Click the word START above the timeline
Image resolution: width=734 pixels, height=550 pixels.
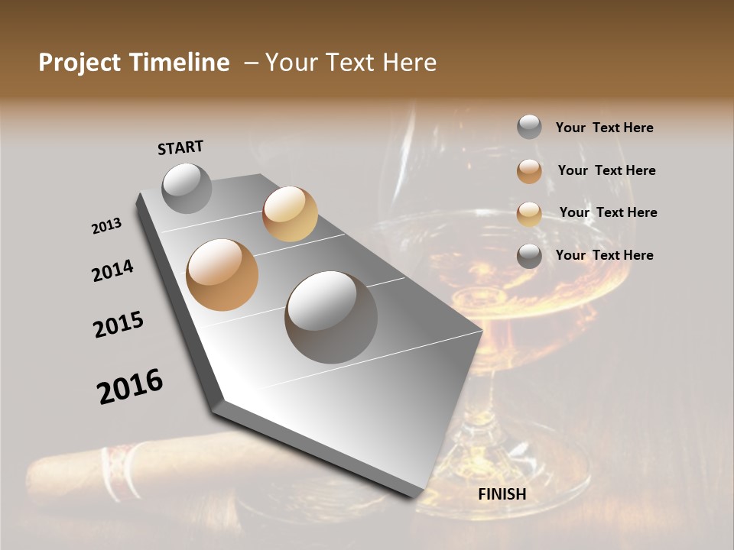tap(180, 147)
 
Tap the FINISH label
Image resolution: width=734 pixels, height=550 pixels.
tap(502, 494)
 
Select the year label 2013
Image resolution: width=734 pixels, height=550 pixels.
tap(107, 226)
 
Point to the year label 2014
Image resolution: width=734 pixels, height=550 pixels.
tap(113, 270)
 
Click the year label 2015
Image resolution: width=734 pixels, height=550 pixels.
tap(119, 325)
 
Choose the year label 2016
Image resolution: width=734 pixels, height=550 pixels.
tap(130, 387)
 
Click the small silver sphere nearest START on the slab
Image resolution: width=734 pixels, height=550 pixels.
tap(187, 188)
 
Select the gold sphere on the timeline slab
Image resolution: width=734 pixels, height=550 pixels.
tap(290, 214)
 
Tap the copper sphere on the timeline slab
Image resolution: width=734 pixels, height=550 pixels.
tap(222, 274)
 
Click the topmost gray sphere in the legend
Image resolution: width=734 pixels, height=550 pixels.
tap(529, 128)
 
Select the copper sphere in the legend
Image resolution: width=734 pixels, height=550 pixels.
tap(529, 171)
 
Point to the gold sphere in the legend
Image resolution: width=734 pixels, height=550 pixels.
tap(529, 213)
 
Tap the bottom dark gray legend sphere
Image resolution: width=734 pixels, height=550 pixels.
tap(529, 256)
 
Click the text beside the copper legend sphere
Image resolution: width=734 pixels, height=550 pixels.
tap(606, 170)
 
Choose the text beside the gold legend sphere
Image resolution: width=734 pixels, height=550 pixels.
tap(608, 212)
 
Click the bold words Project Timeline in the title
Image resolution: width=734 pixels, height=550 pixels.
tap(134, 63)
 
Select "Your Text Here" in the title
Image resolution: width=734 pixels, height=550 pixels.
tap(351, 63)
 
